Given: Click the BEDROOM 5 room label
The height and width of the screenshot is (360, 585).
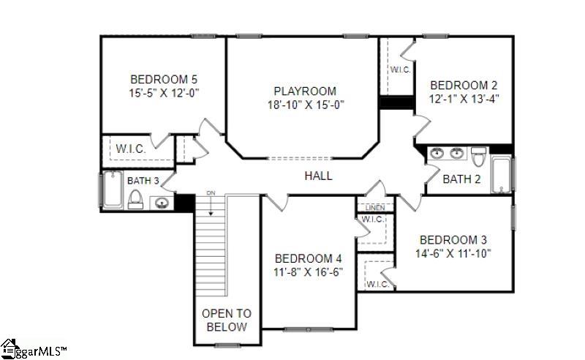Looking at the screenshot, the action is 164,79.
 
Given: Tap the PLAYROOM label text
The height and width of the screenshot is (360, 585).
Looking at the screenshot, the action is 305,91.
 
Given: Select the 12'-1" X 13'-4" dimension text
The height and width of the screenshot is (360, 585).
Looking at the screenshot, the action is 464,99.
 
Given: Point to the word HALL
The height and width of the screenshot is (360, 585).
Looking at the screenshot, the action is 318,176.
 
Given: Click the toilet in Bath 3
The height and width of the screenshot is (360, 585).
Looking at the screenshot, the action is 135,200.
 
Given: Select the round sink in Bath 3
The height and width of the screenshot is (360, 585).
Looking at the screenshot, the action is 162,203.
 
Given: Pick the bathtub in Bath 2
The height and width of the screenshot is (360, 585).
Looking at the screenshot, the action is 502,174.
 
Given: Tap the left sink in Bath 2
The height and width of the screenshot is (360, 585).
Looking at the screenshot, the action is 437,153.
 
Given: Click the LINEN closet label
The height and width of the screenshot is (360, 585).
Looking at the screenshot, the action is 375,208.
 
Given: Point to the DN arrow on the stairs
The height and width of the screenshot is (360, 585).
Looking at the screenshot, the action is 211,203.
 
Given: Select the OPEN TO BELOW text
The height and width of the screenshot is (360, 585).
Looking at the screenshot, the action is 227,320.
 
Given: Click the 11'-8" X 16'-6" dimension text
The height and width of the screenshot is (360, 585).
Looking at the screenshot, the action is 308,272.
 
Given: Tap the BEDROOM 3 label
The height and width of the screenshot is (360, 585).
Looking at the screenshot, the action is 453,240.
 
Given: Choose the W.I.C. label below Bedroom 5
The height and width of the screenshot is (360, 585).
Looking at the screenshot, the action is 131,149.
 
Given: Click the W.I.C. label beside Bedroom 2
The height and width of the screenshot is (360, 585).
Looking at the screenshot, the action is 400,70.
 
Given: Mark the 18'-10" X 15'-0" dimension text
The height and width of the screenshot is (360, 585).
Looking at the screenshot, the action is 306,105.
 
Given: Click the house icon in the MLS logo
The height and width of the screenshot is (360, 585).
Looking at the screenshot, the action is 9,349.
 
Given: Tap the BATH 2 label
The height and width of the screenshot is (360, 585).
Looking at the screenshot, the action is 461,179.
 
